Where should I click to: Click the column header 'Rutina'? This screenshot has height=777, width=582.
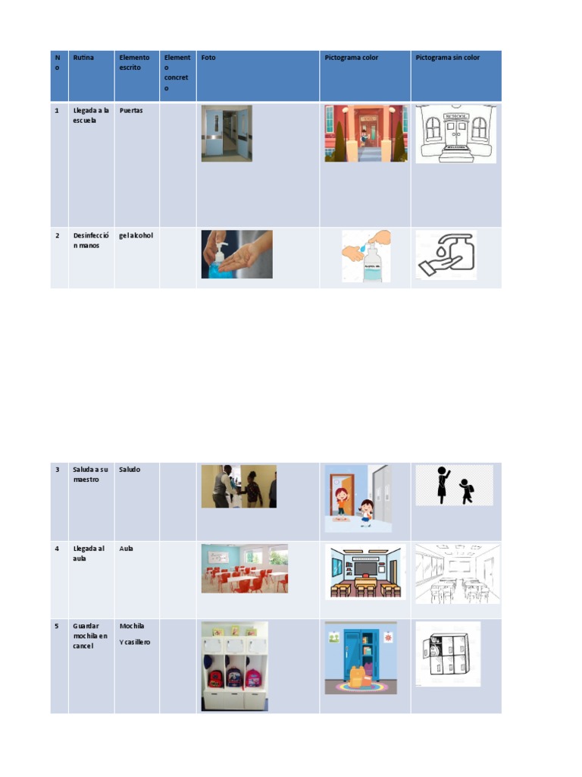[83, 58]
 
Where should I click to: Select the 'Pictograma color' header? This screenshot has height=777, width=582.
[352, 58]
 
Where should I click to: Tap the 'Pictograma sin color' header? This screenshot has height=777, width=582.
[447, 58]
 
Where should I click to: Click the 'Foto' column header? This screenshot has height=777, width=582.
[208, 58]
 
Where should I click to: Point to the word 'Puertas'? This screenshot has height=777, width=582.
[130, 111]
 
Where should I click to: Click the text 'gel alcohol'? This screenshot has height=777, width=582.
[136, 235]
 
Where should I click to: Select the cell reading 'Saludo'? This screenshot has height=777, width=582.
[130, 469]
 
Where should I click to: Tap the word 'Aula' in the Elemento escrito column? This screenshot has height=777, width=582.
[127, 549]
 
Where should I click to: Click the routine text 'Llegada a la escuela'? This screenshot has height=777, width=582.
[91, 115]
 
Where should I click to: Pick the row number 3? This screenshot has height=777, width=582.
[58, 469]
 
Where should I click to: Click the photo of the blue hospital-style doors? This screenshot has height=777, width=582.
[227, 134]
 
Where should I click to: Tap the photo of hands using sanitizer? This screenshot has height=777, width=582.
[237, 254]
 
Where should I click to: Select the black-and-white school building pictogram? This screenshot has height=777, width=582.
[455, 134]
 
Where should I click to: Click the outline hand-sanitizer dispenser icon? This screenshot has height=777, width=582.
[446, 255]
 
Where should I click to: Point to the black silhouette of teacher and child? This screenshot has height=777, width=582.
[455, 485]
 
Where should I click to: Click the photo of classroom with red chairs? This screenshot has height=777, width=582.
[245, 568]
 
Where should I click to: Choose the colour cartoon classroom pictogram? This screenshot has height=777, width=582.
[365, 572]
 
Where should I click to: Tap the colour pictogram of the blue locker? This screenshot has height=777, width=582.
[361, 658]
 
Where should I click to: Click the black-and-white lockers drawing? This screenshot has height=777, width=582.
[448, 654]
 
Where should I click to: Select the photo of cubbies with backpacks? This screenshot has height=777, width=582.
[235, 666]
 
